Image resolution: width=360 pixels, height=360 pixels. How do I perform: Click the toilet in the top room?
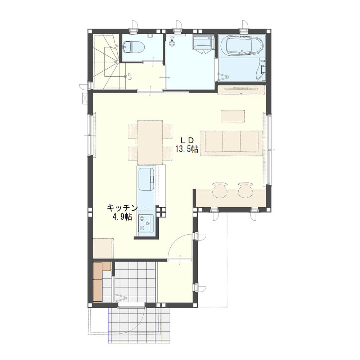134,47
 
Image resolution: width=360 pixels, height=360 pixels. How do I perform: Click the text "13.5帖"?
187,149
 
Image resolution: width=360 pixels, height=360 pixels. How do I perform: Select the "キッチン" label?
122,208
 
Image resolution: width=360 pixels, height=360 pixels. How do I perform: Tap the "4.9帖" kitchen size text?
122,217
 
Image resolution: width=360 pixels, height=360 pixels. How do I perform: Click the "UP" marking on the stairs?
130,76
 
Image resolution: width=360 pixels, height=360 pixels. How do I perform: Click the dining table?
150,142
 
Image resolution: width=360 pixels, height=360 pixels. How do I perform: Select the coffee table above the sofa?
233,116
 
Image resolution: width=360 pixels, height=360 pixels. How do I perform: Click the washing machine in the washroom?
203,44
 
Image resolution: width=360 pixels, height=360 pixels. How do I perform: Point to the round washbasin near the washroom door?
172,42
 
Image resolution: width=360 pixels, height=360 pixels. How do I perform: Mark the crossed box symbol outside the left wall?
85,99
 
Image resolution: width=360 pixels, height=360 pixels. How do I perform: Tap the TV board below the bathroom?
241,90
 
